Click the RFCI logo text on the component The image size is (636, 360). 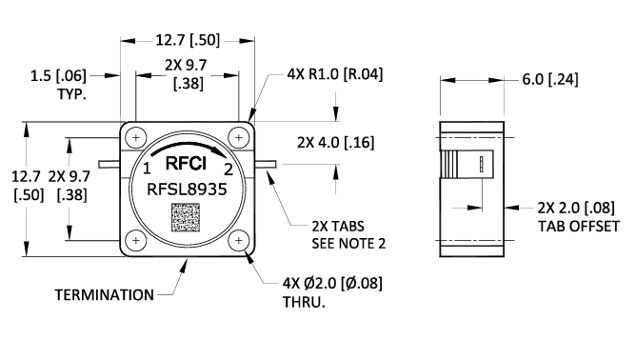click(187, 162)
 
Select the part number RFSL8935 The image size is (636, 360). click(187, 190)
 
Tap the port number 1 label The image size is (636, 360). click(147, 170)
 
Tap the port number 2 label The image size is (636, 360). click(228, 170)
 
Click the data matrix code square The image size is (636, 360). click(188, 219)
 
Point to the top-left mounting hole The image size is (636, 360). click(137, 137)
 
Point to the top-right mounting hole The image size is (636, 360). click(238, 137)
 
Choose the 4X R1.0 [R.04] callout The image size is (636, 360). click(334, 74)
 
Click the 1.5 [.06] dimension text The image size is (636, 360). click(58, 74)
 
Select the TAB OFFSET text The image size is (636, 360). click(578, 227)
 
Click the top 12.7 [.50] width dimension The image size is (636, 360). click(189, 40)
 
